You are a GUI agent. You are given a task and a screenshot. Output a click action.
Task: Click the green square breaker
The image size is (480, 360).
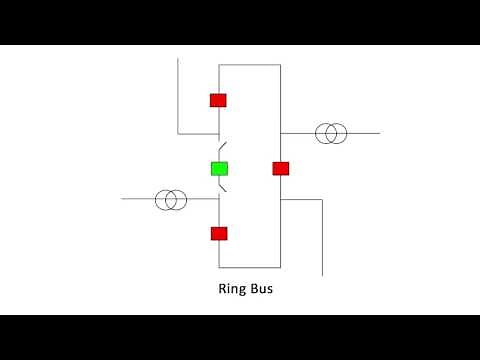click(x=219, y=168)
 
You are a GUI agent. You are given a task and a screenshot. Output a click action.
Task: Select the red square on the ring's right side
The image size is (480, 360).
click(x=281, y=168)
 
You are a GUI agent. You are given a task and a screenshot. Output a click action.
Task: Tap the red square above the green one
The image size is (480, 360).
click(x=218, y=100)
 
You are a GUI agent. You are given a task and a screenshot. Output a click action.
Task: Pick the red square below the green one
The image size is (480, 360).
click(x=219, y=233)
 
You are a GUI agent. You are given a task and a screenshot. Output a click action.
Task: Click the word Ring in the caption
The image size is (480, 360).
click(x=232, y=291)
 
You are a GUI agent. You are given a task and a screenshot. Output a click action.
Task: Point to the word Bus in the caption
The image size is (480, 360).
click(x=261, y=291)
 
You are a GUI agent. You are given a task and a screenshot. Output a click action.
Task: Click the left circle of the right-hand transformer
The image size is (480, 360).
click(x=325, y=133)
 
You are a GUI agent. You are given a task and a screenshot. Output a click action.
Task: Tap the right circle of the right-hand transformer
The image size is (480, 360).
click(x=338, y=133)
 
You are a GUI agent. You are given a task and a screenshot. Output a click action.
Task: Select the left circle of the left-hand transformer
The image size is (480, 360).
click(x=165, y=199)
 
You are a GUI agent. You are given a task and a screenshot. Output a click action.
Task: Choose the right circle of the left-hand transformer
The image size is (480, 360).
click(x=178, y=199)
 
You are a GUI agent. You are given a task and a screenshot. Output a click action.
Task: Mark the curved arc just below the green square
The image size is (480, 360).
click(x=224, y=186)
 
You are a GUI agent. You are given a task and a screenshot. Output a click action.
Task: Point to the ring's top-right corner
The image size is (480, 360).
click(x=280, y=65)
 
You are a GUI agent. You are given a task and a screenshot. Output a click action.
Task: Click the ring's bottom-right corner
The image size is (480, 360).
click(x=280, y=267)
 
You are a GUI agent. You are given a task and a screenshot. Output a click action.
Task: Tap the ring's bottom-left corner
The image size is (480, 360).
click(x=219, y=267)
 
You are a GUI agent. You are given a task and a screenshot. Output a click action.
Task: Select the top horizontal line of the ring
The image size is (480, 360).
click(x=250, y=65)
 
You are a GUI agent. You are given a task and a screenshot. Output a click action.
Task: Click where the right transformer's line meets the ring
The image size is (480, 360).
click(x=280, y=133)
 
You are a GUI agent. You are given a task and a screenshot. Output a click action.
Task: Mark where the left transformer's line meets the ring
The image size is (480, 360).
click(x=219, y=199)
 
